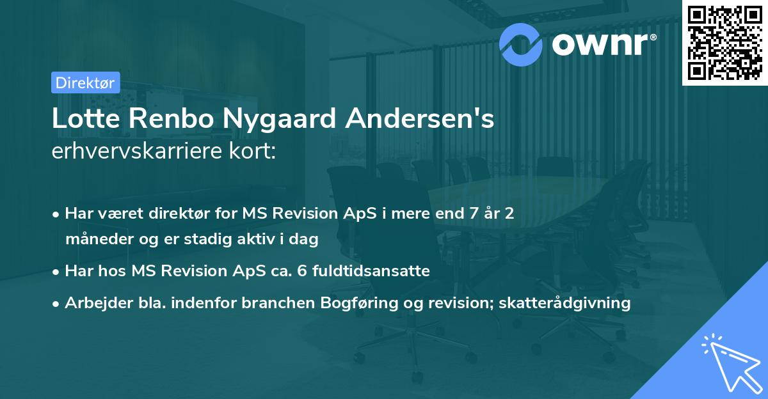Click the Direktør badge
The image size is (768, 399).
click(85, 82)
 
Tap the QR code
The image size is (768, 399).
click(725, 42)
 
